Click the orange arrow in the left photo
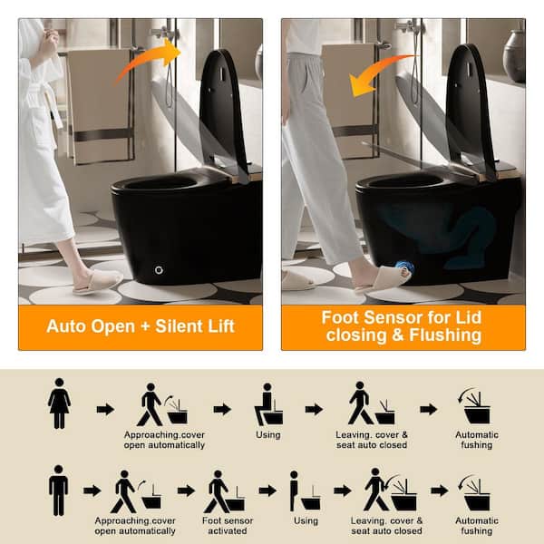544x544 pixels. [x=148, y=61]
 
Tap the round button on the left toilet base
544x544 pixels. [x=159, y=270]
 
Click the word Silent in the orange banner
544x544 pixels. [x=178, y=326]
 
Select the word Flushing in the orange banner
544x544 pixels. [x=445, y=335]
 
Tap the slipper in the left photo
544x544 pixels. [x=98, y=282]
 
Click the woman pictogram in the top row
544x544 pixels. [x=59, y=403]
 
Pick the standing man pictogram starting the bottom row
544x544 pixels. [x=58, y=490]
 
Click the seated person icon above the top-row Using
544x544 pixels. [x=268, y=404]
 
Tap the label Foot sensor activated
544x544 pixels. [x=228, y=526]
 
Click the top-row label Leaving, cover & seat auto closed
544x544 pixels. [x=372, y=440]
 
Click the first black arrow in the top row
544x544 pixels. [x=105, y=410]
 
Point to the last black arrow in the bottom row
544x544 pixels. [x=440, y=491]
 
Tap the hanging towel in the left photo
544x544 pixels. [x=99, y=106]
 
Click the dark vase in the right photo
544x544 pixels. [x=514, y=55]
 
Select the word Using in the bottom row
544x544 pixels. [x=306, y=520]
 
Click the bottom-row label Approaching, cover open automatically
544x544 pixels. [x=135, y=526]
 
